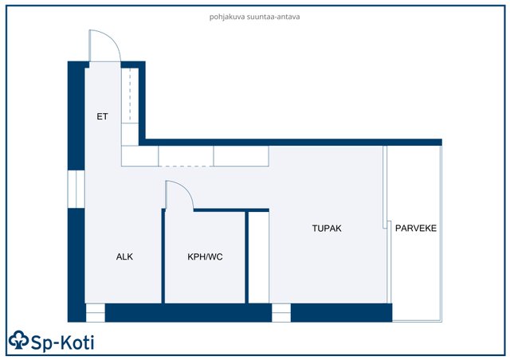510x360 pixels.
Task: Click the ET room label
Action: [x=102, y=116]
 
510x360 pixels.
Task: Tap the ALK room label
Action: [x=124, y=257]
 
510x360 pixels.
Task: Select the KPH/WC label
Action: [x=205, y=257]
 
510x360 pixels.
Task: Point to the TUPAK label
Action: [x=327, y=229]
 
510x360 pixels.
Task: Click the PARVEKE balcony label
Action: [x=416, y=229]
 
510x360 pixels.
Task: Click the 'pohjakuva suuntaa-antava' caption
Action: [x=255, y=17]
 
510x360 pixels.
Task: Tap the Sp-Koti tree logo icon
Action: [x=19, y=340]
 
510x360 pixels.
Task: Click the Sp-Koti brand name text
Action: [x=63, y=342]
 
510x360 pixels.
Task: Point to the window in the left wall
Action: [x=76, y=189]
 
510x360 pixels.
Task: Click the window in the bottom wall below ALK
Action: [x=96, y=313]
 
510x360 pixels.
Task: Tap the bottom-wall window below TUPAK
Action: [x=281, y=313]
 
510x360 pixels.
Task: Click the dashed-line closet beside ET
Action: [x=130, y=96]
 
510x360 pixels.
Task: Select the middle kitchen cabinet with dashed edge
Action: [x=186, y=156]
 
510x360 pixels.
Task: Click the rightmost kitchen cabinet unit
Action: [x=241, y=156]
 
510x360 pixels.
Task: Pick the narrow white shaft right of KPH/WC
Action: [x=258, y=257]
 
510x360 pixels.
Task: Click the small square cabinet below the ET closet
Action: [x=130, y=135]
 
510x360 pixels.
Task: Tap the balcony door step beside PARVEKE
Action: [x=387, y=225]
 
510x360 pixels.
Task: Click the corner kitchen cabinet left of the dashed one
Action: [x=140, y=156]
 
